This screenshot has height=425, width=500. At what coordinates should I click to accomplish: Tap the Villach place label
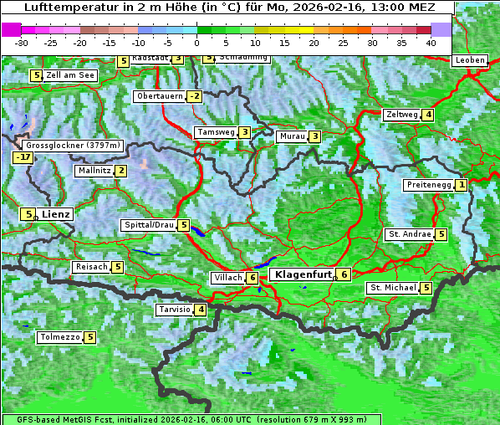227,278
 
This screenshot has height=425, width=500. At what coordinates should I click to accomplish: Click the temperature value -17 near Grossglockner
23,157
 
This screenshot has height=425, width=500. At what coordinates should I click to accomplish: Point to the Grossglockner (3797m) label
74,145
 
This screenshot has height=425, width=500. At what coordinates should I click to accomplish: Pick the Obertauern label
159,96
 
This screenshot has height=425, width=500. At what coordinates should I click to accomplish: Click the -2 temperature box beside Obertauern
195,96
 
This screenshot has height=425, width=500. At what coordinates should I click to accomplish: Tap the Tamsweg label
215,132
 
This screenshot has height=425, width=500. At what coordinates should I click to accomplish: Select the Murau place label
292,136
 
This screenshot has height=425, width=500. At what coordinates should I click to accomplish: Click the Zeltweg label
401,115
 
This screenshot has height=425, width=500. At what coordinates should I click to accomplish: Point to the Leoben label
470,60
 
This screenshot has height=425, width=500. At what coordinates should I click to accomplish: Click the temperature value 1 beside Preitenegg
461,185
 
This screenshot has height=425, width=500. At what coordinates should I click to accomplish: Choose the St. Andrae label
409,234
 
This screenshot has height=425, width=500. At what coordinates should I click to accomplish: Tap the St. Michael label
393,288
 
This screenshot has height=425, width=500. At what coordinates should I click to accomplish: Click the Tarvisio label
174,310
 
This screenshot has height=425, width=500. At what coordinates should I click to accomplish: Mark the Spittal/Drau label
149,225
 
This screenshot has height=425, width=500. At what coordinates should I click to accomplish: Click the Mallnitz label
93,171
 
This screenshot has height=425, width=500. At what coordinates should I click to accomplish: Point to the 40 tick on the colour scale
431,42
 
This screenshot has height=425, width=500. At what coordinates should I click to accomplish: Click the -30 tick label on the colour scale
22,42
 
